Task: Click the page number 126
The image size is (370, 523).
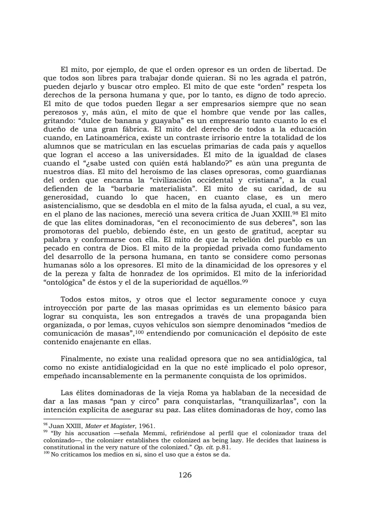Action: (185, 475)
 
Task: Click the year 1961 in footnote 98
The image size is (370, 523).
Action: (148, 426)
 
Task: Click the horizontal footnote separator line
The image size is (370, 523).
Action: (87, 419)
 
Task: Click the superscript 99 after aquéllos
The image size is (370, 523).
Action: (245, 281)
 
